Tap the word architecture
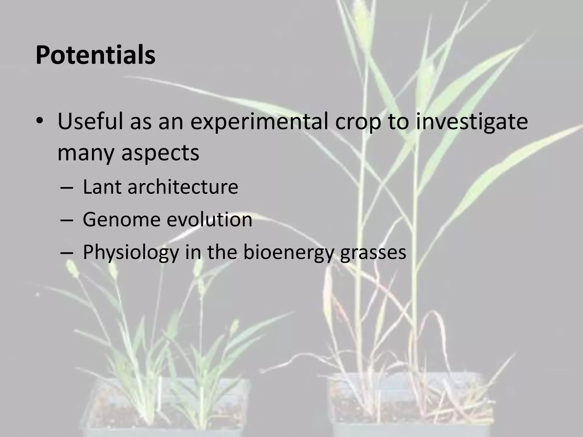(183, 187)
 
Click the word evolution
(210, 220)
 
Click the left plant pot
(168, 407)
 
